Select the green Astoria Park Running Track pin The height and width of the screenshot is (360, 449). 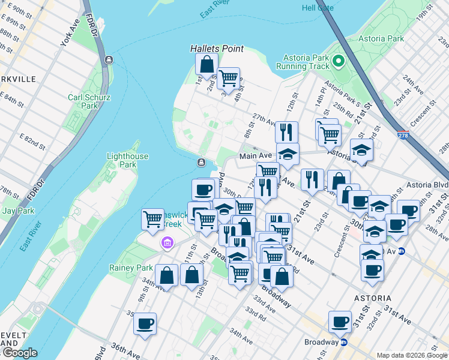[338, 61]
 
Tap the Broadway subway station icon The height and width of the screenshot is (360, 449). [345, 343]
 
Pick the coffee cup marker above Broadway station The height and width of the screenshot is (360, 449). [340, 322]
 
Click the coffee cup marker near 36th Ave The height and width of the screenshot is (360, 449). [145, 323]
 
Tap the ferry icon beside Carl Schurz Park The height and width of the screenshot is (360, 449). [109, 59]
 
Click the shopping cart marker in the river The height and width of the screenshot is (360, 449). [153, 218]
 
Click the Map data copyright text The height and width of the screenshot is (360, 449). [411, 355]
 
